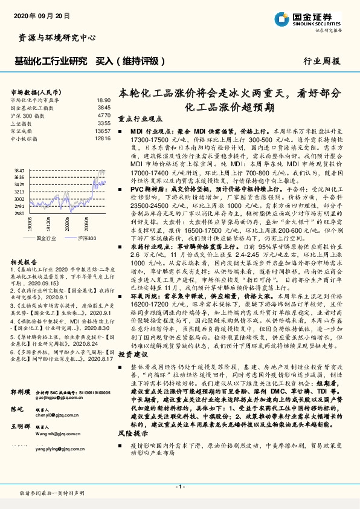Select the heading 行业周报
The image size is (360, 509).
click(x=321, y=62)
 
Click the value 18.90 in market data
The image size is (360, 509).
click(x=103, y=100)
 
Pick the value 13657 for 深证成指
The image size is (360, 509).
click(x=103, y=131)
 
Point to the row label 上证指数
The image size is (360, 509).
click(x=22, y=123)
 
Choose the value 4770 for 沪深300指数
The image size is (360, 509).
click(x=103, y=115)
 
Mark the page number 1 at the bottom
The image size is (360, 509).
click(x=179, y=486)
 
